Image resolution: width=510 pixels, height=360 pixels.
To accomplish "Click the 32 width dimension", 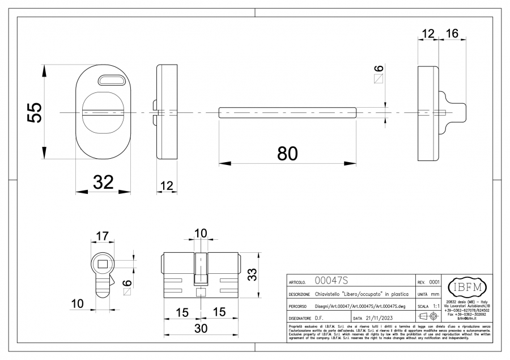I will point(103,183).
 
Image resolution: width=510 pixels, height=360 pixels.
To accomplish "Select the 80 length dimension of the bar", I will point(288,154).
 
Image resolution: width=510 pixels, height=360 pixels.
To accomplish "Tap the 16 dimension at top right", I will point(452,33).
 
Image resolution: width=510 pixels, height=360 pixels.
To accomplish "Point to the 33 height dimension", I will point(254,274).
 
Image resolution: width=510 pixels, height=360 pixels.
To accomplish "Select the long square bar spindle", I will point(288,112).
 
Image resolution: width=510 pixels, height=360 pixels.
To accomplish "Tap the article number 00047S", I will point(331,281).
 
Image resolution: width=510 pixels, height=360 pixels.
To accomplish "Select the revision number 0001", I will point(435,282).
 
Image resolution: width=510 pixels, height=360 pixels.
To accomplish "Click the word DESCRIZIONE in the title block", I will point(299,295).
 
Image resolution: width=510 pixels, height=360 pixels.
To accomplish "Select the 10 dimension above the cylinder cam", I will point(201,234).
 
